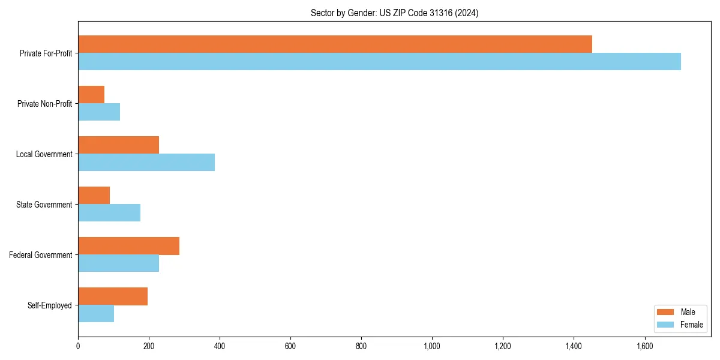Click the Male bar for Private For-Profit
(335, 44)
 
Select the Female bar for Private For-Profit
(379, 62)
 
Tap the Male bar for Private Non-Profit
(91, 95)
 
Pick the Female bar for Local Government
(146, 163)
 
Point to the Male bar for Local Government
(118, 145)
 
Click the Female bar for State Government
(109, 213)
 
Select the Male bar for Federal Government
(128, 246)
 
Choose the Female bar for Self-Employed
(96, 314)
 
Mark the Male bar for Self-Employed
(113, 296)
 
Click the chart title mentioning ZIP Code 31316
(394, 13)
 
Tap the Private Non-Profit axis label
(44, 104)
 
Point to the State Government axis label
(44, 205)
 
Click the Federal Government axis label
(41, 255)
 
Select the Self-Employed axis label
(50, 305)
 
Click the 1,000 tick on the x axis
(432, 346)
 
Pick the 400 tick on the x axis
(220, 346)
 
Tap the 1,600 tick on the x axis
(644, 346)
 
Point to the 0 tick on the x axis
(78, 346)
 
